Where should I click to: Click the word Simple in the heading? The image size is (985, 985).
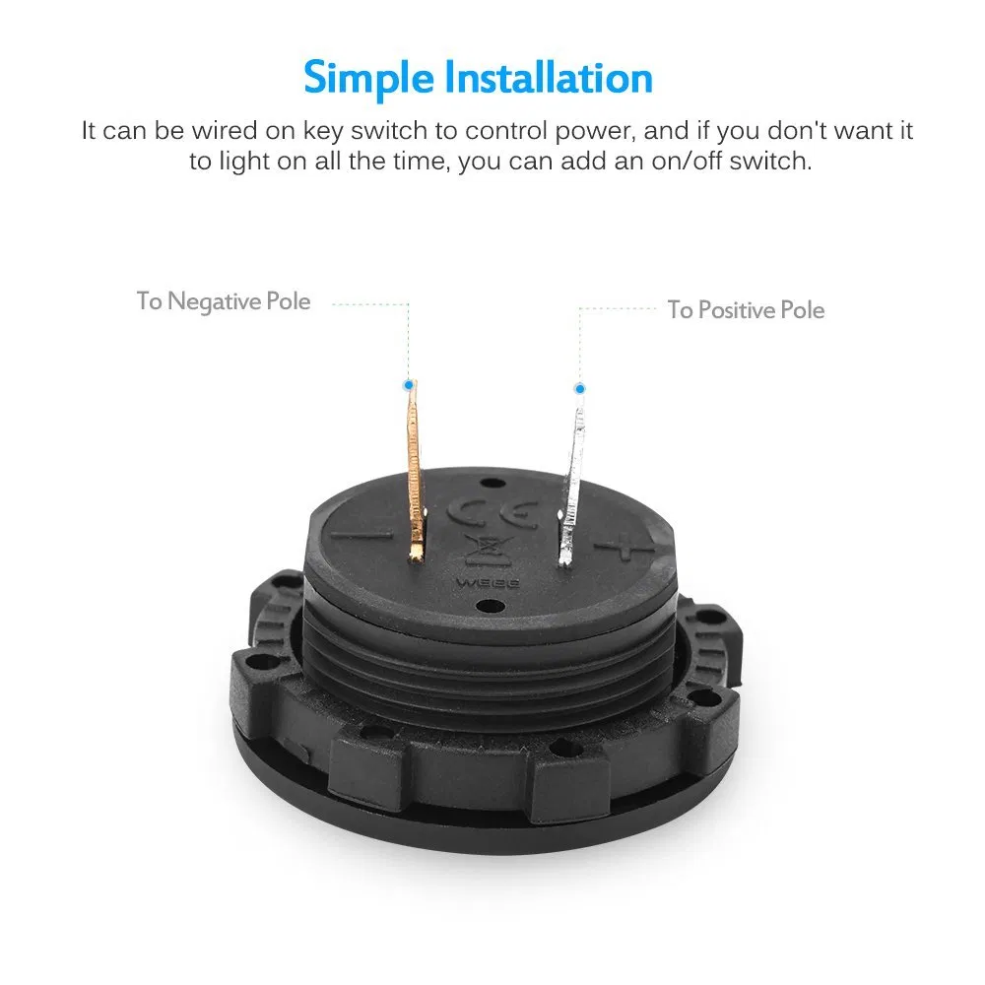pos(368,79)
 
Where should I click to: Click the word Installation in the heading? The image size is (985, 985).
pos(549,78)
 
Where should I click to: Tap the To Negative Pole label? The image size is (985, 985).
pos(224,301)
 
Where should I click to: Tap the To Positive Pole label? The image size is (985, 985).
pos(746,309)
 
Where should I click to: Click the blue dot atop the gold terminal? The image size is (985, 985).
pos(409,384)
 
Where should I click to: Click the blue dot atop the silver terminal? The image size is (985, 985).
pos(580,389)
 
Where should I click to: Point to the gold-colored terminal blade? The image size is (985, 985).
pos(415,471)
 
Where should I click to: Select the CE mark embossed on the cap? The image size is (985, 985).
pos(492,512)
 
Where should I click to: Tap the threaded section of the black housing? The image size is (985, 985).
pos(490,666)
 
